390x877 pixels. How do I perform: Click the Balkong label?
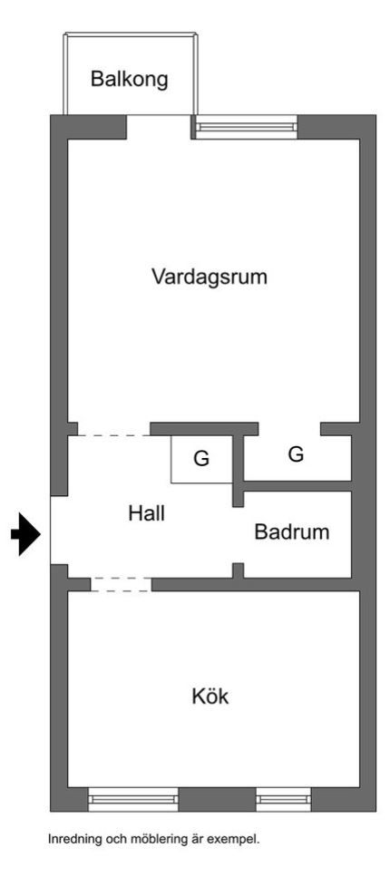130,80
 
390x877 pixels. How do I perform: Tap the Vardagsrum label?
210,277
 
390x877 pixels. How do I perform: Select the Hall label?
147,513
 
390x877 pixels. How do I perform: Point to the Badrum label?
291,531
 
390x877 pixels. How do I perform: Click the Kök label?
210,697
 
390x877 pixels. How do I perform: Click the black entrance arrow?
25,534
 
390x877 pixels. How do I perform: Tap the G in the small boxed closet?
201,459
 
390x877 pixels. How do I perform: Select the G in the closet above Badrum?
296,453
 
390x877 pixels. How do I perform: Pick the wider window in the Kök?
133,799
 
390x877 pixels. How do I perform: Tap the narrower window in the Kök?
284,799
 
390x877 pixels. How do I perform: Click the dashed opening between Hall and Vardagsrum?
113,434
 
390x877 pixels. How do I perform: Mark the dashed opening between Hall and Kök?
121,584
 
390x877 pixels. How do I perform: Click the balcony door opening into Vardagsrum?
160,127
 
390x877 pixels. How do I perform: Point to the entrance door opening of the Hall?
59,531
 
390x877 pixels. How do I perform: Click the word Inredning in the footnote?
71,839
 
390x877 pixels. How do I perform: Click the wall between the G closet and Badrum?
297,485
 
